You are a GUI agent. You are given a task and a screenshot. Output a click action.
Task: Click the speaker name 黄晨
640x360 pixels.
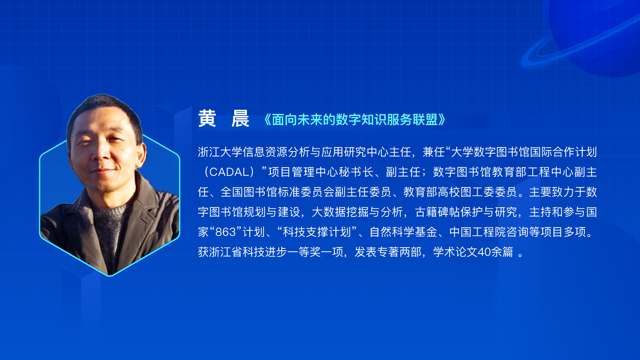(224, 118)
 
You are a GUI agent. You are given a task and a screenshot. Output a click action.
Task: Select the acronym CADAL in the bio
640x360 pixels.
(230, 172)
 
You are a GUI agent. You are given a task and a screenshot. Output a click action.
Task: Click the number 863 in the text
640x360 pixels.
(226, 232)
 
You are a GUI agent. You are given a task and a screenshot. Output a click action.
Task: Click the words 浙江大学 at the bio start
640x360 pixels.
(220, 152)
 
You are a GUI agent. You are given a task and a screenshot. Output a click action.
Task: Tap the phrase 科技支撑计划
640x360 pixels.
(316, 232)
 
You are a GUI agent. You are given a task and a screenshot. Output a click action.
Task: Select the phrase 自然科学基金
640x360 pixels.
(403, 232)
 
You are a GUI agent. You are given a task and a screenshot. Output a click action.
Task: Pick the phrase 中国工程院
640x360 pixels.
(478, 232)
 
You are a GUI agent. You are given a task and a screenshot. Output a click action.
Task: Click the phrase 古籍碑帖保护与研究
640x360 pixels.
(466, 212)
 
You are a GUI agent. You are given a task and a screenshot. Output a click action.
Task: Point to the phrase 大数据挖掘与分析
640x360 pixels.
(357, 212)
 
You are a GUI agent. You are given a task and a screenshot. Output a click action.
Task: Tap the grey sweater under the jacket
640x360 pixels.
(110, 228)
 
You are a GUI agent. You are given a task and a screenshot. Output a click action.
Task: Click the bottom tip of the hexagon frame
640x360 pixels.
(110, 276)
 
